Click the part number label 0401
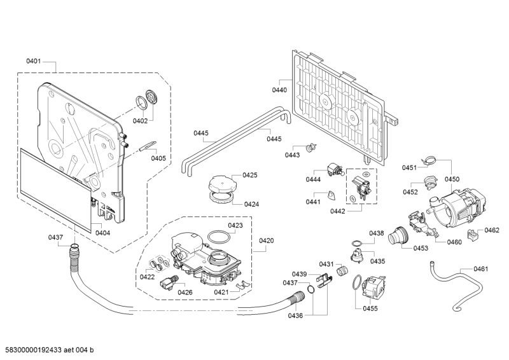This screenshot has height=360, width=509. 34,62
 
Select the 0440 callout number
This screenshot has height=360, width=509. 279,90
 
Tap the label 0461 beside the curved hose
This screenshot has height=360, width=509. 480,269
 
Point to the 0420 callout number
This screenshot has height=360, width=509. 266,241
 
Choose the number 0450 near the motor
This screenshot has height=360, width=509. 452,179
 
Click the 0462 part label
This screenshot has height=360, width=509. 492,230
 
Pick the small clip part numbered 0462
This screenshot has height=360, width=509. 472,235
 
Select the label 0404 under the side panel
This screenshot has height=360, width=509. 102,233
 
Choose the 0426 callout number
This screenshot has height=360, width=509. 185,292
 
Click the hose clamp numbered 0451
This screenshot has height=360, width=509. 431,161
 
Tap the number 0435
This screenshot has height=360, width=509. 378,261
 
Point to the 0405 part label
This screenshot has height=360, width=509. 158,158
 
